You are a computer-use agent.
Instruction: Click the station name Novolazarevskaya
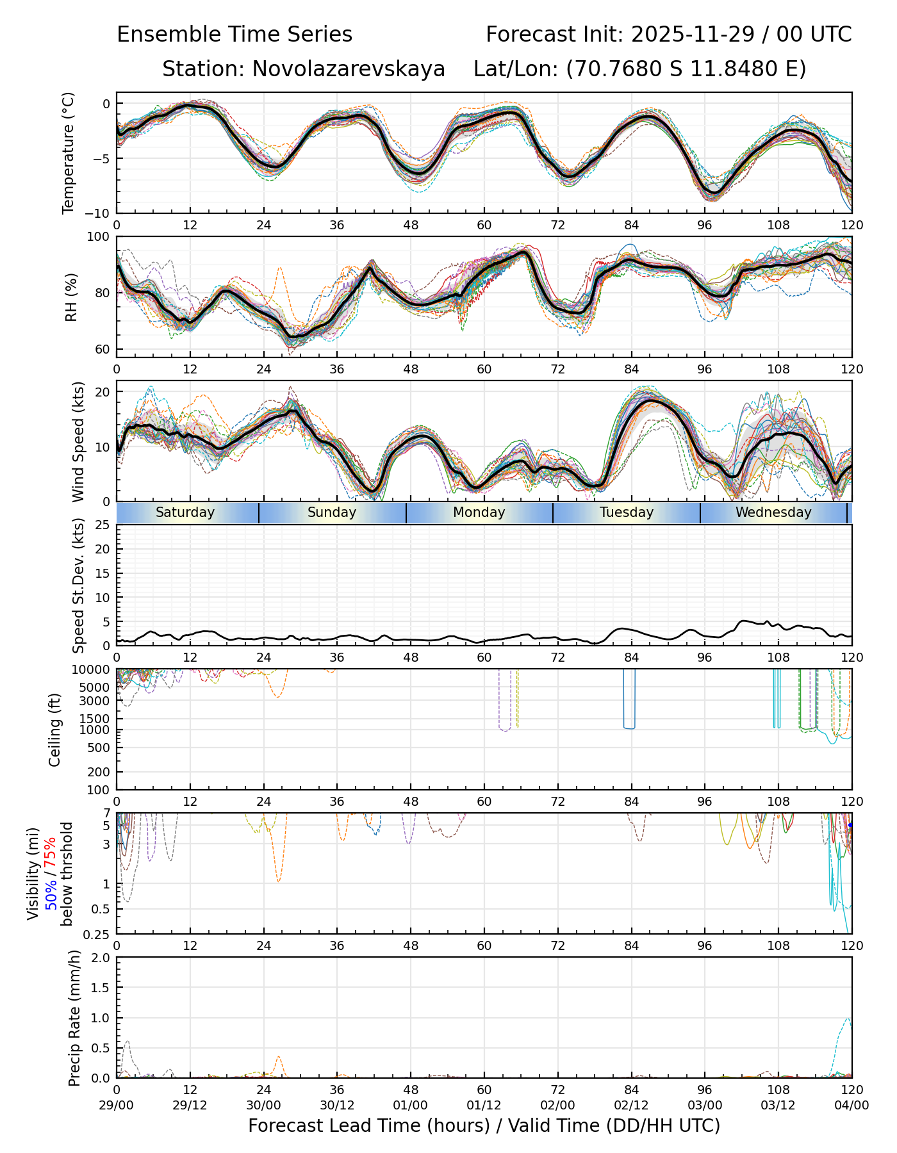pos(349,69)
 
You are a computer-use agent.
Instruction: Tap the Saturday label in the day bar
pos(185,512)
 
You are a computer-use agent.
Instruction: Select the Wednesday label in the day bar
pos(773,512)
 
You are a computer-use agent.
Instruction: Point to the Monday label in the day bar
pos(479,512)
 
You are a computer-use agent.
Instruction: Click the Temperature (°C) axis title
pos(69,152)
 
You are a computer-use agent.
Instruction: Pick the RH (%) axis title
pos(71,297)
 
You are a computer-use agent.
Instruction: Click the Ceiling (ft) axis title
pos(55,730)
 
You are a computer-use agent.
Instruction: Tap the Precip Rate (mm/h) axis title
pos(75,1018)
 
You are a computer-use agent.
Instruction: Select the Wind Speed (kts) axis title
pos(78,441)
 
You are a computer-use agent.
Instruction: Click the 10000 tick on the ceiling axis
pos(93,670)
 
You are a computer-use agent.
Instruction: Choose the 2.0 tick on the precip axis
pos(101,958)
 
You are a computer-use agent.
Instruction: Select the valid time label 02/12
pos(631,1105)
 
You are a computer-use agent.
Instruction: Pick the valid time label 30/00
pos(263,1105)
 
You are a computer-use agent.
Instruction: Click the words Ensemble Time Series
pos(235,35)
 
